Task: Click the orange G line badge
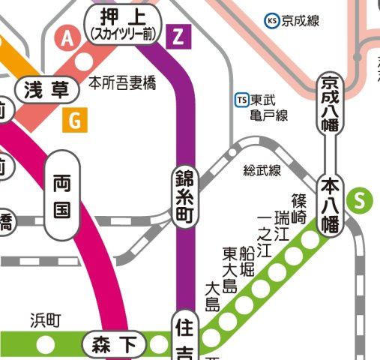(74, 118)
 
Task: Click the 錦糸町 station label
(184, 193)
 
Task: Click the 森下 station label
(115, 345)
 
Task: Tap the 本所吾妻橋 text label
(123, 82)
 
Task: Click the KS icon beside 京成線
(272, 20)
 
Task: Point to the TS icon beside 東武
(241, 100)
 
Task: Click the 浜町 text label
(44, 321)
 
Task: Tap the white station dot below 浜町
(46, 345)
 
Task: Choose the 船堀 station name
(246, 261)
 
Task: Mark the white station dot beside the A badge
(85, 59)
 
